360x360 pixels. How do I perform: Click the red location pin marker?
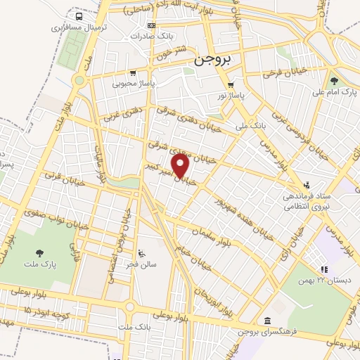[181, 165]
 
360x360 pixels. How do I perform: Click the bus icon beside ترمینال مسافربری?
[78, 15]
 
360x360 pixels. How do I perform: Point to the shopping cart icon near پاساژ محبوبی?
[132, 72]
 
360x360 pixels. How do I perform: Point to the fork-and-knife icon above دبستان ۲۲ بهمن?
[324, 269]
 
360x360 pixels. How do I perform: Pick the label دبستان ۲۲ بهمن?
[324, 281]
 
